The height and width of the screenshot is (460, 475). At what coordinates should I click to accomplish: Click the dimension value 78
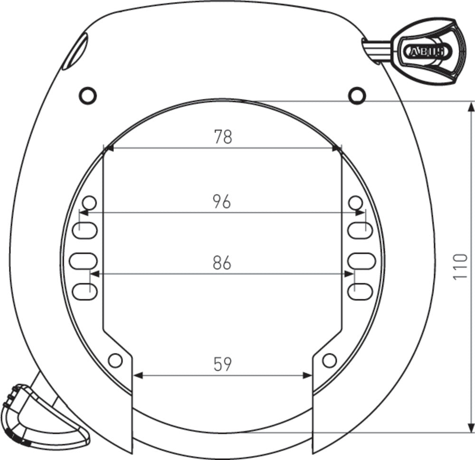pos(222,137)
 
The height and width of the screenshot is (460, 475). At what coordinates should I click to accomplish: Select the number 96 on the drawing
pos(222,201)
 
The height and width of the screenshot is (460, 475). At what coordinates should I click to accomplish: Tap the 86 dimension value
pos(222,263)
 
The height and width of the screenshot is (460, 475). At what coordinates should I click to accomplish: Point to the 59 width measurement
pos(222,364)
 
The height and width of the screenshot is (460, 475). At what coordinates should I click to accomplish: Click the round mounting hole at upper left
pos(87,96)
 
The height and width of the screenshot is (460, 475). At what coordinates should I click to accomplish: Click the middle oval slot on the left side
pos(83,260)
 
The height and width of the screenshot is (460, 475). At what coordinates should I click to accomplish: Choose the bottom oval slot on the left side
pos(85,290)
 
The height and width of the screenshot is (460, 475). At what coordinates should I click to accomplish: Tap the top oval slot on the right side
pos(360,231)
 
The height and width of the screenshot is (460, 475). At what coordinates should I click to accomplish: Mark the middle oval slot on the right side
pos(362,260)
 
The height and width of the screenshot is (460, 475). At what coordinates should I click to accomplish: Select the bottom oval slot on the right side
pos(360,290)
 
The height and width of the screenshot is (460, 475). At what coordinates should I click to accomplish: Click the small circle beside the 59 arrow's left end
pos(115,360)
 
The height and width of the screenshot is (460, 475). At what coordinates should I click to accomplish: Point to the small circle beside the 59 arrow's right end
pos(329,360)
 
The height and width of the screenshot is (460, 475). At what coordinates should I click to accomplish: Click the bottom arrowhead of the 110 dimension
pos(471,428)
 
